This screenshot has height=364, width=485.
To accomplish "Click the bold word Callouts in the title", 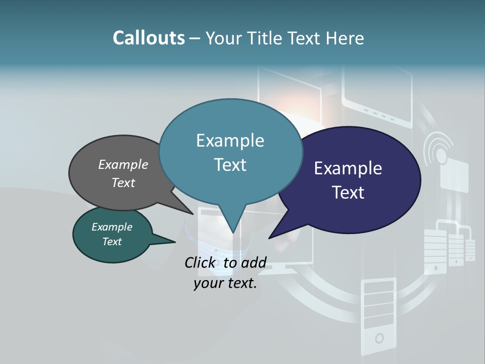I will [x=149, y=38].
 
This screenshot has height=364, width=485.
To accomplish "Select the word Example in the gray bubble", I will [x=123, y=164].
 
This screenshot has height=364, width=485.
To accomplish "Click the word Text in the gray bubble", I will [x=123, y=183].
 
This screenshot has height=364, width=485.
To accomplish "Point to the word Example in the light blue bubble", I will [x=230, y=141].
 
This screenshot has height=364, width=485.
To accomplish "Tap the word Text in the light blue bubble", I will [x=230, y=165].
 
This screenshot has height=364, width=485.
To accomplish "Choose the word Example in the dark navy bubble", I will [x=348, y=168].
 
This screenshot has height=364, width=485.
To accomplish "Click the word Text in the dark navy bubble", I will [x=348, y=192].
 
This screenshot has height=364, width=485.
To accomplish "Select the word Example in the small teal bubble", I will [x=112, y=227].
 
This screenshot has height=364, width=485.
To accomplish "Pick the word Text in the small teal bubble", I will [x=112, y=242].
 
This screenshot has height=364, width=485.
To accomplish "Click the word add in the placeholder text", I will [x=253, y=262].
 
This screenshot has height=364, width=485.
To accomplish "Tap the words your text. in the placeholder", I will [x=225, y=283].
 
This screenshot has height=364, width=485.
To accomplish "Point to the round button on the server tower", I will [x=379, y=338].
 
